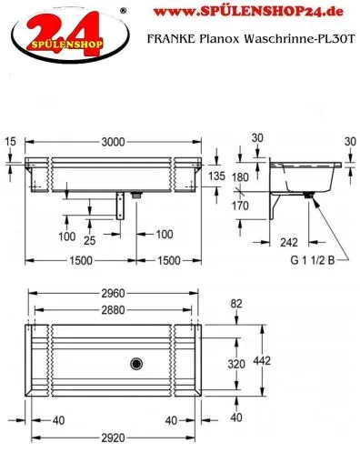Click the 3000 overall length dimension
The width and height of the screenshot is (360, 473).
tap(113, 142)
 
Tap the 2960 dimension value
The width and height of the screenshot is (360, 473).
tap(113, 293)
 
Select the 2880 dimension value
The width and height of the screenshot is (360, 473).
tap(113, 310)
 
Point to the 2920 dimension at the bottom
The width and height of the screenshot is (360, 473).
tap(113, 438)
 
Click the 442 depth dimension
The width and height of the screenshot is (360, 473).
tap(262, 361)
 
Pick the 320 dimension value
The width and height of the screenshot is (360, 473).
tap(236, 364)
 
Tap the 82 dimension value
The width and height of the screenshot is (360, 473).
tap(236, 304)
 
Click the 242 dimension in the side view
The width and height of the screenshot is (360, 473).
tap(289, 242)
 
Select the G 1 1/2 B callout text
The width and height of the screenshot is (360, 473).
tap(313, 260)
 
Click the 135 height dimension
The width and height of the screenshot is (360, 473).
tap(216, 176)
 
